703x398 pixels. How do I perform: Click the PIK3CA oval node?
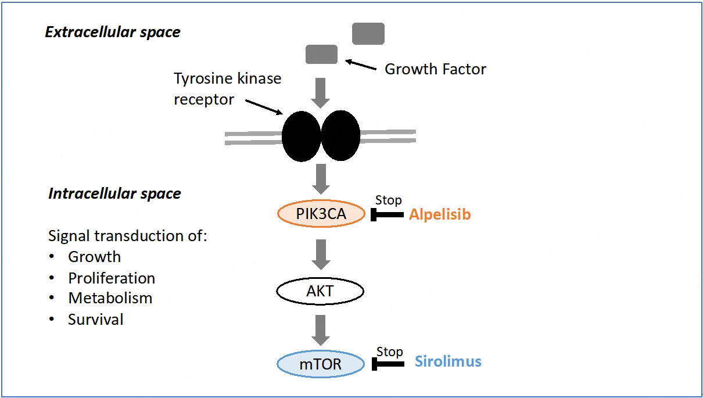(x=321, y=214)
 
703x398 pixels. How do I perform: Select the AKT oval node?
(x=320, y=291)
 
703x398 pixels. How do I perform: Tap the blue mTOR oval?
(x=320, y=365)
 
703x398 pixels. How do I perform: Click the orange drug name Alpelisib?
(x=439, y=214)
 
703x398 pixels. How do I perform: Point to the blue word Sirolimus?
(x=448, y=361)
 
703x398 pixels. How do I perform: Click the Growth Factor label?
(x=435, y=69)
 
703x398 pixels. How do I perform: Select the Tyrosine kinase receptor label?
(x=227, y=89)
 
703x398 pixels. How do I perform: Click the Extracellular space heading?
(x=113, y=32)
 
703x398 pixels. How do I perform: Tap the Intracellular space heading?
(x=114, y=193)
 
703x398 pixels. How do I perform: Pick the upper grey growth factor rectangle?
(x=368, y=34)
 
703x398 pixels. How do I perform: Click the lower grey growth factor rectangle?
(x=321, y=55)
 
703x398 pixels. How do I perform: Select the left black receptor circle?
(x=301, y=136)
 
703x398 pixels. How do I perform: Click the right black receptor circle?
(x=340, y=136)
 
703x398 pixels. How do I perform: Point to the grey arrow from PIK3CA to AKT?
(x=320, y=253)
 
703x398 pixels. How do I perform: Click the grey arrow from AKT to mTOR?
(x=320, y=329)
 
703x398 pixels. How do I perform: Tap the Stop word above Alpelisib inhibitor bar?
(x=388, y=200)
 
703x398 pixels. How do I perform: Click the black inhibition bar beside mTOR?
(x=388, y=364)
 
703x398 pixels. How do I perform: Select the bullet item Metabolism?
(x=110, y=298)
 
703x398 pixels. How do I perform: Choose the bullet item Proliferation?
(x=112, y=278)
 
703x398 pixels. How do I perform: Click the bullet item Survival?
(x=96, y=319)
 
